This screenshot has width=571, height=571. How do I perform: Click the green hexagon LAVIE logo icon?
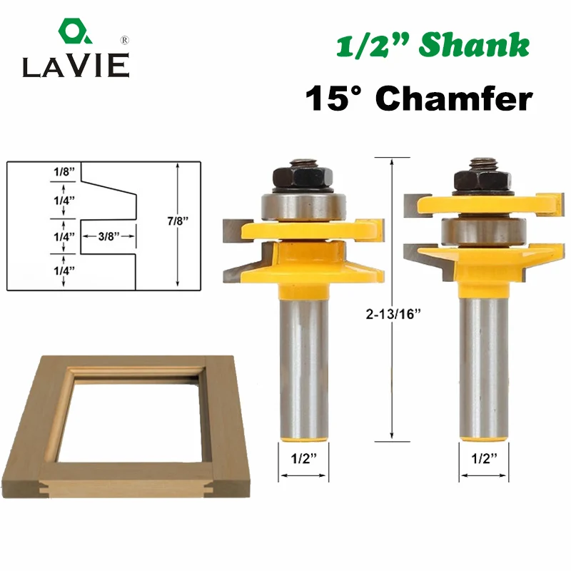pyautogui.click(x=75, y=31)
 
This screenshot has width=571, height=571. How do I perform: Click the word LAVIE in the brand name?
pyautogui.click(x=76, y=66)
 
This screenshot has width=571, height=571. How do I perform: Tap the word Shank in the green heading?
pyautogui.click(x=474, y=45)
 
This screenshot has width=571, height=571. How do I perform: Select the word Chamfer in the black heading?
pyautogui.click(x=454, y=98)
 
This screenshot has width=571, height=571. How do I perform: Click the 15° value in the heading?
pyautogui.click(x=333, y=98)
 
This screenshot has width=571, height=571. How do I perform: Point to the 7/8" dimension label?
pyautogui.click(x=178, y=221)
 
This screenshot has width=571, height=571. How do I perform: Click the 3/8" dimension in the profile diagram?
pyautogui.click(x=109, y=236)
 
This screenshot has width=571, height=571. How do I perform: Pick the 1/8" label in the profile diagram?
pyautogui.click(x=64, y=171)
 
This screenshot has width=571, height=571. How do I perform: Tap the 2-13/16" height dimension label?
pyautogui.click(x=393, y=313)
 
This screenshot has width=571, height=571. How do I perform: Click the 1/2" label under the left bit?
pyautogui.click(x=304, y=458)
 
